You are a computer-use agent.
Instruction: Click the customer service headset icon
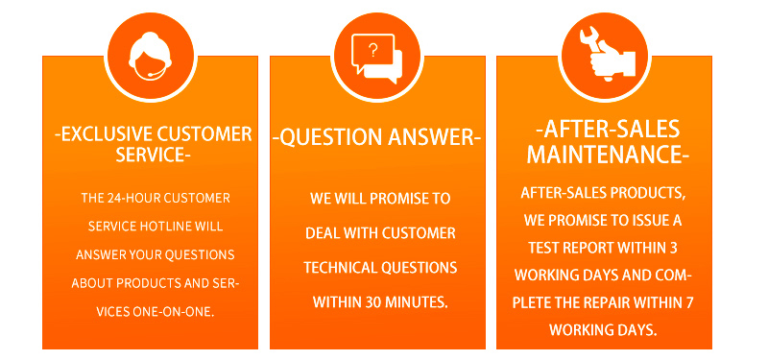pyautogui.click(x=151, y=57)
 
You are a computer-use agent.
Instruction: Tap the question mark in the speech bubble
pyautogui.click(x=373, y=51)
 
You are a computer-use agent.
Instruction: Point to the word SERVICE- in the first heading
pyautogui.click(x=153, y=155)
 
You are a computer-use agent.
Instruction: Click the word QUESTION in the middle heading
pyautogui.click(x=330, y=137)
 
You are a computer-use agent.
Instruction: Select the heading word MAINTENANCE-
pyautogui.click(x=608, y=155)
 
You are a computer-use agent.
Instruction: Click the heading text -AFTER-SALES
pyautogui.click(x=608, y=130)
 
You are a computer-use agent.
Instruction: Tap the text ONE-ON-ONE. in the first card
pyautogui.click(x=174, y=311)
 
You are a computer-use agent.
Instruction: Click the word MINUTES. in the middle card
pyautogui.click(x=417, y=302)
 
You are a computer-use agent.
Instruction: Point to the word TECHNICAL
pyautogui.click(x=341, y=268)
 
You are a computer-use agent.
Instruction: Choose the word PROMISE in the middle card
pyautogui.click(x=397, y=199)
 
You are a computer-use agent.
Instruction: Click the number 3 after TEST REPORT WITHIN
pyautogui.click(x=674, y=248)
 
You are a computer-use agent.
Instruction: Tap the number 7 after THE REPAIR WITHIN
pyautogui.click(x=689, y=302)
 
